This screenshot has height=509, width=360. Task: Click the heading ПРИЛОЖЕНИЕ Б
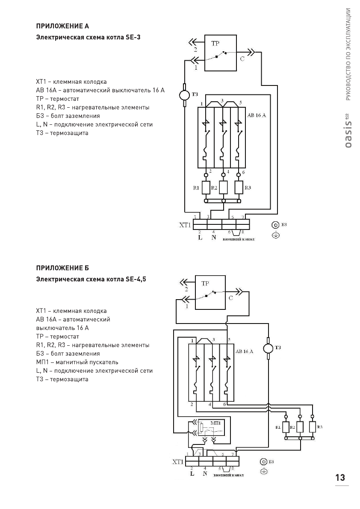(62, 268)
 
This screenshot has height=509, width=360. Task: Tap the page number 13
(340, 477)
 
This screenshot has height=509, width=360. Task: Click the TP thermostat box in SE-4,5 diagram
(210, 292)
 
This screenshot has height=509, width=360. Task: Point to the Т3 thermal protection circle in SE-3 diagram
(184, 94)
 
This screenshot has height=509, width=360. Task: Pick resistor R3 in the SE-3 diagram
(239, 187)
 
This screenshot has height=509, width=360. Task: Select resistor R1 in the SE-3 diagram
(206, 187)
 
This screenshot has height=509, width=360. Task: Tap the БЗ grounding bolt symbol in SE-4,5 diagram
(264, 462)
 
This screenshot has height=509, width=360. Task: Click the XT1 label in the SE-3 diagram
(185, 225)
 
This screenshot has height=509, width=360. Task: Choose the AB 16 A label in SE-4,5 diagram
(245, 351)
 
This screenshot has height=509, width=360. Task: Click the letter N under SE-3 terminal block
(213, 238)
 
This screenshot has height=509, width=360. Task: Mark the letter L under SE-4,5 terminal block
(191, 474)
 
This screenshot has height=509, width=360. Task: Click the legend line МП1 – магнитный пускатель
(77, 362)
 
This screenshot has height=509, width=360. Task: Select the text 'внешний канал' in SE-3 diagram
(239, 239)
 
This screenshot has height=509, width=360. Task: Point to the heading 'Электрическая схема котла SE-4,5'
(94, 280)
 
